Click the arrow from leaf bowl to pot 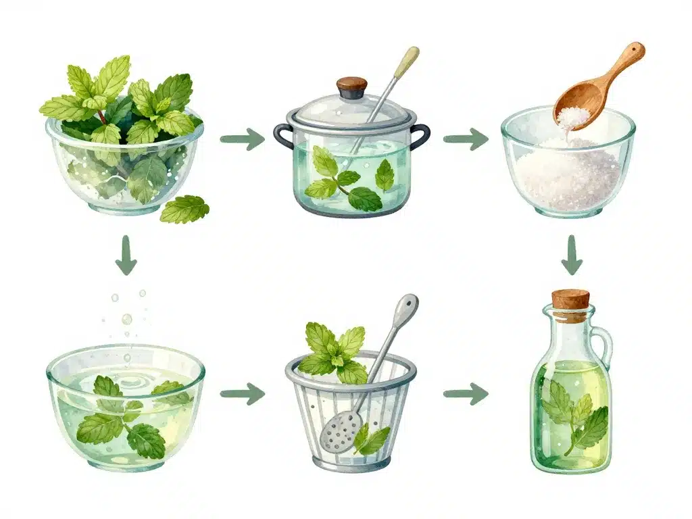(x=243, y=140)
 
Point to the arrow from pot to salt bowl (x=466, y=140)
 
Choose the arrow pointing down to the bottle (x=572, y=255)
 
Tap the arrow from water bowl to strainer (x=243, y=393)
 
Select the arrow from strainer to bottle (x=466, y=393)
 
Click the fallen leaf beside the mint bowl (x=184, y=209)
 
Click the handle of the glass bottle (x=603, y=345)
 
